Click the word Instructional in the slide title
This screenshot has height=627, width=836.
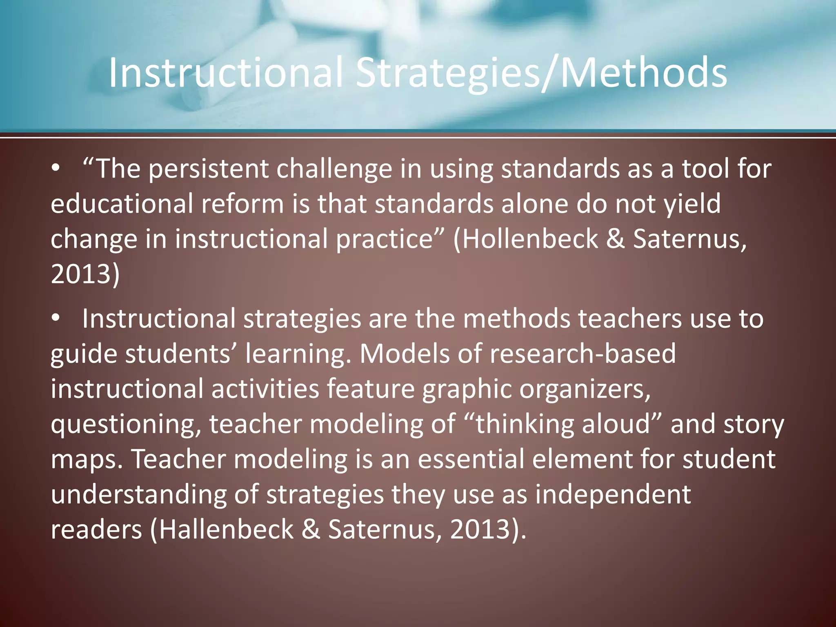click(x=225, y=73)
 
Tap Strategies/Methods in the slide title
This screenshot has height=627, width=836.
click(x=541, y=73)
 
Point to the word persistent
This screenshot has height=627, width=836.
click(x=208, y=169)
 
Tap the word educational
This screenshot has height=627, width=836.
click(x=122, y=204)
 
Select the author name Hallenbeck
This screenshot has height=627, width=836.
click(x=226, y=529)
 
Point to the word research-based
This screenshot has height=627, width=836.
click(x=583, y=354)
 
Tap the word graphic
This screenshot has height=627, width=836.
click(x=467, y=389)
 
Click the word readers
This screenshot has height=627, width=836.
click(x=96, y=529)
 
